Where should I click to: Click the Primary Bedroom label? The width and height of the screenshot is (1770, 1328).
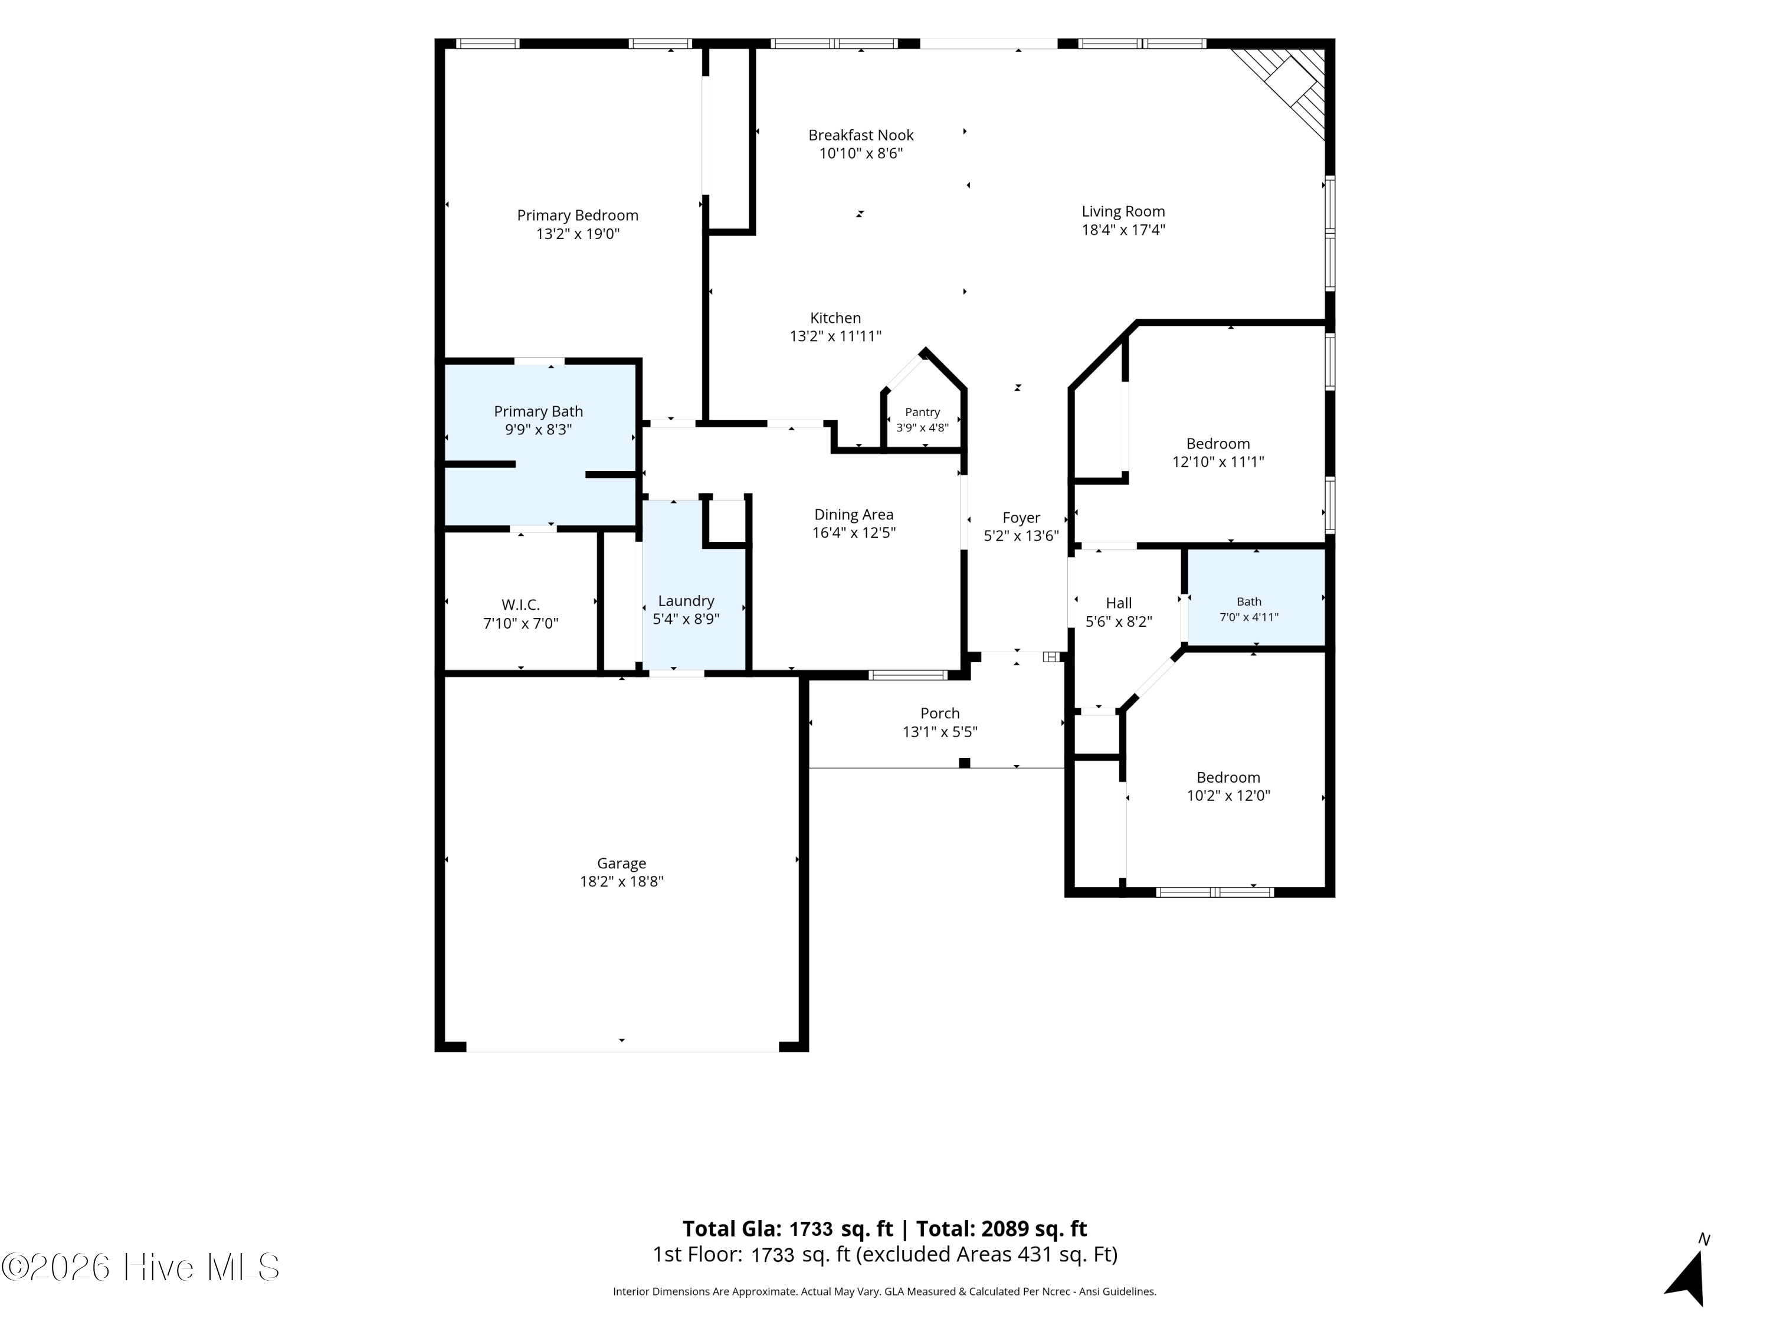[x=577, y=215]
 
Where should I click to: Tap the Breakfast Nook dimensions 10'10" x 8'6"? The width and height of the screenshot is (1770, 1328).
[x=861, y=153]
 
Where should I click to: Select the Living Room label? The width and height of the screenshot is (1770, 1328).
[x=1123, y=211]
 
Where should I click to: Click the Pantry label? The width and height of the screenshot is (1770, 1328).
[x=923, y=412]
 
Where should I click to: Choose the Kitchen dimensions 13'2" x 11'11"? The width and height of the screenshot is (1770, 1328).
[x=835, y=336]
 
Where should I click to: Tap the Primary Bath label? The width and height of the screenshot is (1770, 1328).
[x=539, y=411]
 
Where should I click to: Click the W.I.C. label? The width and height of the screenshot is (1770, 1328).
[x=521, y=605]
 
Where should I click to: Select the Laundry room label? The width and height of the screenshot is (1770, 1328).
[x=686, y=601]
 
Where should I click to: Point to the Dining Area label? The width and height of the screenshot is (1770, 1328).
[x=854, y=515]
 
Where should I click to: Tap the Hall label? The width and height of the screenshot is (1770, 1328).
[x=1119, y=603]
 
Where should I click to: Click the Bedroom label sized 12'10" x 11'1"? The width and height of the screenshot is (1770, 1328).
[x=1218, y=443]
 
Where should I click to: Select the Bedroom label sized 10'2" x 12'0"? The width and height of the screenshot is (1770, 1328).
[x=1228, y=777]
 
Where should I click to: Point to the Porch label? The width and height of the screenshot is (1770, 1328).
[x=940, y=713]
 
